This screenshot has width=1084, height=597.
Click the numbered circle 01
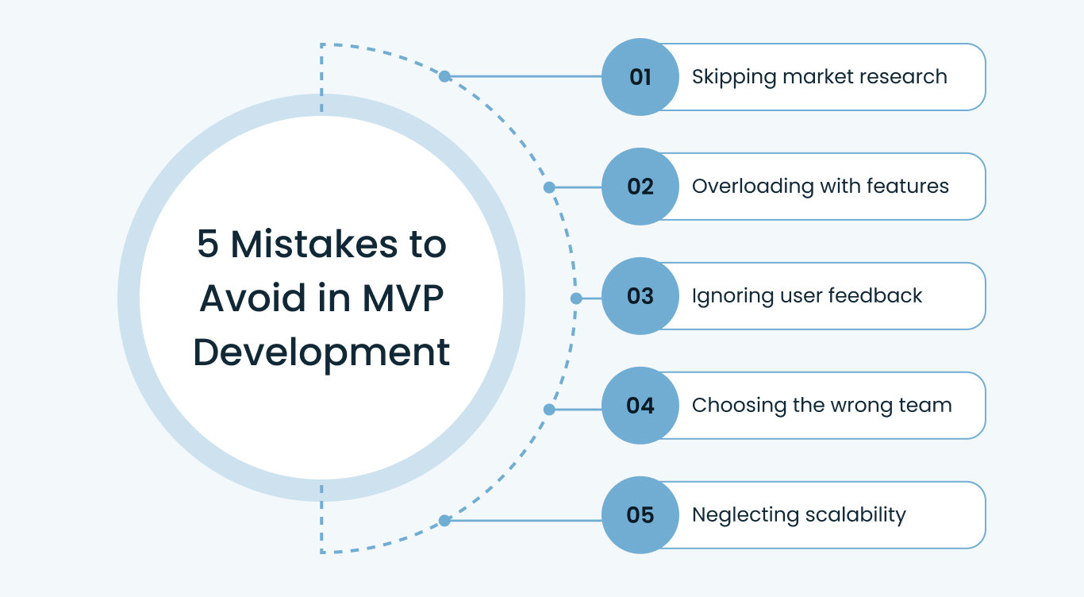[640, 77]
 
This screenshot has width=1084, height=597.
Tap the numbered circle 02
[640, 187]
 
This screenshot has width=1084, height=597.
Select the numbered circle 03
[640, 296]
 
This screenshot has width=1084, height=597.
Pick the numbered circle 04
[640, 406]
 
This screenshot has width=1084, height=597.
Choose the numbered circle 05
[640, 515]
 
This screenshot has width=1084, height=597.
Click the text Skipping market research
[819, 77]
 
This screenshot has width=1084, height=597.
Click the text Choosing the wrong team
[821, 406]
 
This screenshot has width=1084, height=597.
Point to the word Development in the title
[321, 352]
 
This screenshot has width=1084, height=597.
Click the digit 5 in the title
[207, 245]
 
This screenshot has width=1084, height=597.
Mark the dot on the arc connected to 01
[444, 77]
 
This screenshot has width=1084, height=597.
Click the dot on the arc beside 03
[576, 298]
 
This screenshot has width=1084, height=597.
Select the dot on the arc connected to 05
[444, 521]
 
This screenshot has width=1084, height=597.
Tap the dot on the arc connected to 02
[548, 188]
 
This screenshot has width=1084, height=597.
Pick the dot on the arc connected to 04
[548, 410]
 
